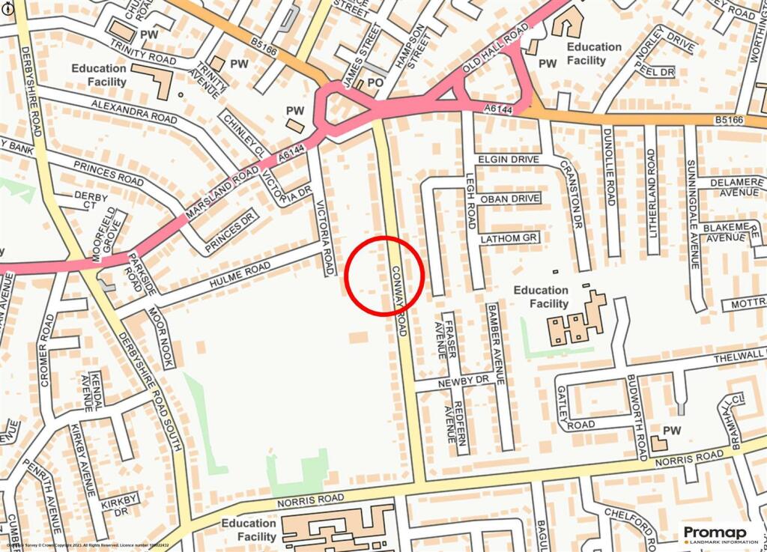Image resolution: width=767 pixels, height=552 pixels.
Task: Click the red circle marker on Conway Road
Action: (385, 276)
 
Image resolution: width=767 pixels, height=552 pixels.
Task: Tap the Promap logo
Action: (720, 534)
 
